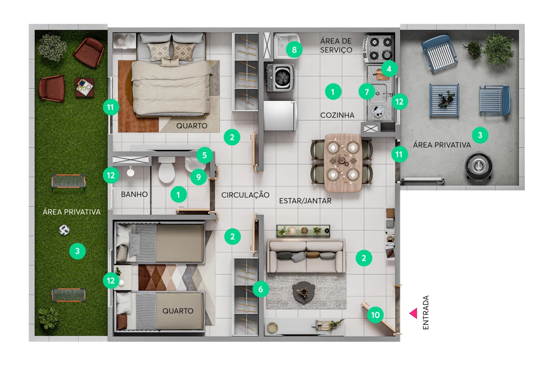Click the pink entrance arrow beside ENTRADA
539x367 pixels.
[414, 314]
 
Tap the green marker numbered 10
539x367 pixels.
[375, 315]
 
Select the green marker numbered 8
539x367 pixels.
[294, 50]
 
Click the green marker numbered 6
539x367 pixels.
[261, 289]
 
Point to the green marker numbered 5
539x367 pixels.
[204, 155]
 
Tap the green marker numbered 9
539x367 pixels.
[199, 177]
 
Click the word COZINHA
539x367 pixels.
[337, 115]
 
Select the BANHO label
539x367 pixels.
[134, 194]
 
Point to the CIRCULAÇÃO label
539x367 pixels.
[245, 195]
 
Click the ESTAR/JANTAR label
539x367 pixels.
[305, 200]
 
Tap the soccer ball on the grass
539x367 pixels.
[64, 230]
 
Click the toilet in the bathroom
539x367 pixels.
[166, 170]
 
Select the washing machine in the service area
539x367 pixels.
[280, 78]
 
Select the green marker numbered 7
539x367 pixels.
[367, 92]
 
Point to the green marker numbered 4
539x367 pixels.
[389, 69]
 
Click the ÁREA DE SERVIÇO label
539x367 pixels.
[336, 45]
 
